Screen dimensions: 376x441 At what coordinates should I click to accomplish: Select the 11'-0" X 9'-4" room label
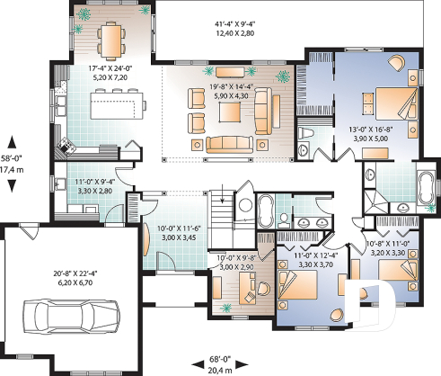point(93,186)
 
